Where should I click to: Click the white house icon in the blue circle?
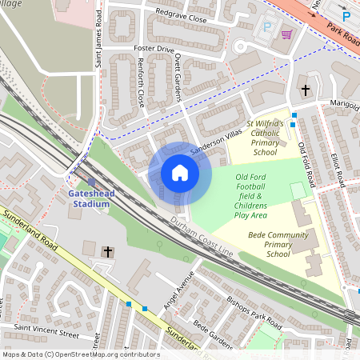pyautogui.click(x=180, y=173)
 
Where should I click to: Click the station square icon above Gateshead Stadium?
pyautogui.click(x=91, y=183)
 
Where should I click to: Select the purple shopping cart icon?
pyautogui.click(x=286, y=34)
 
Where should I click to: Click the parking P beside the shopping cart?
pyautogui.click(x=268, y=27)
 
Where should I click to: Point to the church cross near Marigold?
pyautogui.click(x=305, y=90)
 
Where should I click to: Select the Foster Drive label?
pyautogui.click(x=153, y=49)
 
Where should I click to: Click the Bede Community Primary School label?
pyautogui.click(x=267, y=246)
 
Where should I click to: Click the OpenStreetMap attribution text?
pyautogui.click(x=81, y=354)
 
